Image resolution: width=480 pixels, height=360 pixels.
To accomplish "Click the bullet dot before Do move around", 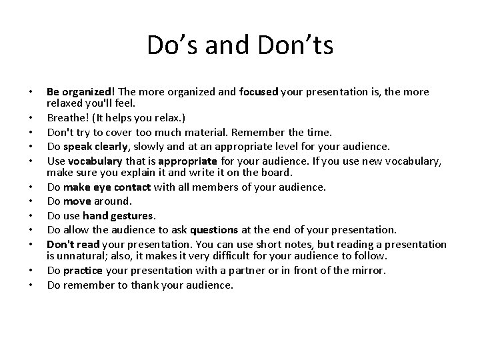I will click(x=33, y=199).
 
